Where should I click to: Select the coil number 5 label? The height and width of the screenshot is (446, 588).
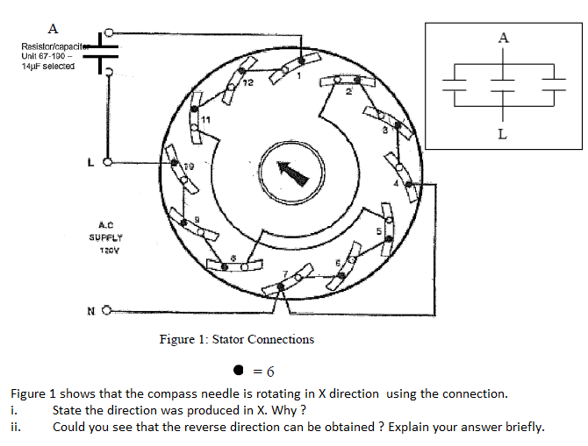[378, 232]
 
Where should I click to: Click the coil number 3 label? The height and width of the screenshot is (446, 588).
[384, 131]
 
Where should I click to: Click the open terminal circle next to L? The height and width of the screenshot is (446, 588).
[109, 161]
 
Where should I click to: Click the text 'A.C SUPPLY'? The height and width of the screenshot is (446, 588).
[104, 230]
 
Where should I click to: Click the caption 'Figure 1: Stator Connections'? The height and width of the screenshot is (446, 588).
[237, 339]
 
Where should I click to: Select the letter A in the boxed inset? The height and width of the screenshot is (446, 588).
[502, 38]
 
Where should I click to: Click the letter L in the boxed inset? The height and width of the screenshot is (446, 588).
[502, 135]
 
